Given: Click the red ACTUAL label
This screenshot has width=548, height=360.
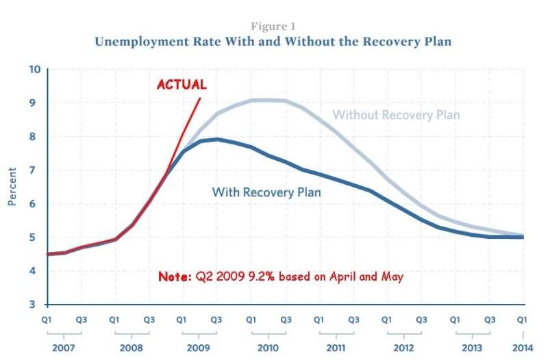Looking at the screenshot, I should pyautogui.click(x=182, y=85).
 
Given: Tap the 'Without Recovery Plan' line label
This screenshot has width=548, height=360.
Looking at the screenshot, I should pyautogui.click(x=396, y=115).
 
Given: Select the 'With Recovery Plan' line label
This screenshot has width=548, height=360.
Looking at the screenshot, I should pyautogui.click(x=266, y=192).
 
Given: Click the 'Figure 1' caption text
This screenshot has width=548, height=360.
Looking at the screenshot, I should pyautogui.click(x=273, y=27).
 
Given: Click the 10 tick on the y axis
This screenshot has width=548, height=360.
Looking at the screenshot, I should pyautogui.click(x=34, y=69).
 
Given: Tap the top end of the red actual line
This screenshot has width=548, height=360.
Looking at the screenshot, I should pyautogui.click(x=200, y=99).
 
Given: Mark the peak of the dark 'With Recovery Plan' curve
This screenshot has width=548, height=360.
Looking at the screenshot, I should pyautogui.click(x=216, y=139).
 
